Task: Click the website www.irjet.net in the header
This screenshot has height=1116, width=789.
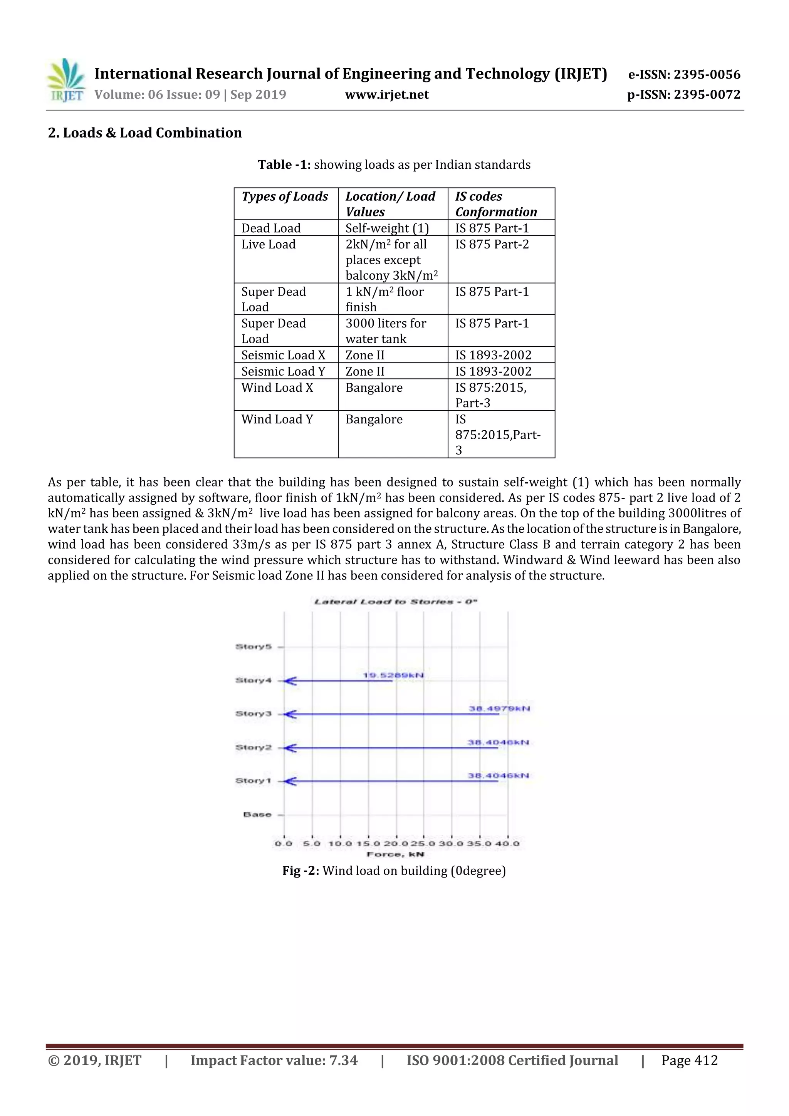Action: pos(387,95)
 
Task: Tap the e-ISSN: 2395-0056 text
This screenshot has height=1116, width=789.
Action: pos(684,74)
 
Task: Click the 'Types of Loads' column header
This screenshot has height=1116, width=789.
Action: pos(285,196)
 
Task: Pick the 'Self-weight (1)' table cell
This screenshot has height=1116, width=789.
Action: pos(387,228)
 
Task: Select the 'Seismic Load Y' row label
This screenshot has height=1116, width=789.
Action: pos(283,371)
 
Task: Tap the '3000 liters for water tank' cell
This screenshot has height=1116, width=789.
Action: pos(386,331)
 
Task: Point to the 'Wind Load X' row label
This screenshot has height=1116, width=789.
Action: pos(277,388)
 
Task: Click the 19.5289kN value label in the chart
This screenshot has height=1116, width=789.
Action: pos(393,675)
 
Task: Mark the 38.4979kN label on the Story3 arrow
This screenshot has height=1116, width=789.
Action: pos(499,709)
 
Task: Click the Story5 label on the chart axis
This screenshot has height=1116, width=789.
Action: pos(253,646)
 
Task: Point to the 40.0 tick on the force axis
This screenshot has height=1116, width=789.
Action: pos(507,843)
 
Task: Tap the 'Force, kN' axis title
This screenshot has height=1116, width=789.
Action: pos(395,854)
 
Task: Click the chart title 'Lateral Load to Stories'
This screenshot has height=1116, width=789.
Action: pos(395,602)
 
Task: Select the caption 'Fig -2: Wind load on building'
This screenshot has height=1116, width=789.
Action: pos(394,871)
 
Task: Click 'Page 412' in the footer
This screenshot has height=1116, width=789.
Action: pos(689,1060)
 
